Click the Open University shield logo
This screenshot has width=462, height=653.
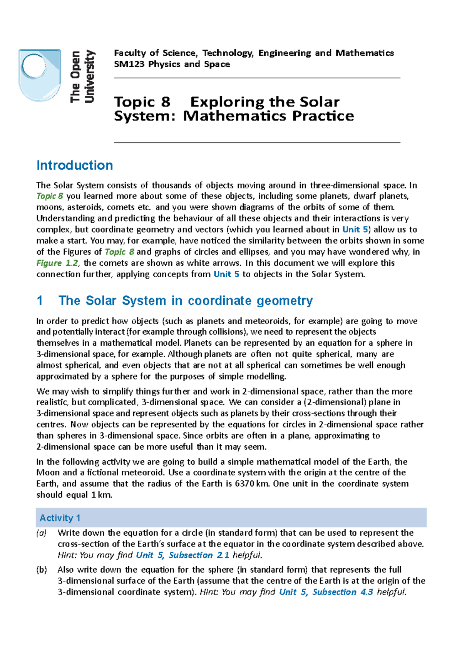click(40, 75)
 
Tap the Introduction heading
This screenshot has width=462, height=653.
click(75, 165)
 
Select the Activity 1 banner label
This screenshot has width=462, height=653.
click(60, 518)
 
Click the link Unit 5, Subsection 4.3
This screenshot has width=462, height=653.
click(326, 592)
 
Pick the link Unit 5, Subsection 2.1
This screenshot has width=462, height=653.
click(183, 555)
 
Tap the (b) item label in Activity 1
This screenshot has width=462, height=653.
click(42, 570)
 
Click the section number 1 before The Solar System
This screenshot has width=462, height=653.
click(40, 301)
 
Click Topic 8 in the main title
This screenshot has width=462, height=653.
click(142, 102)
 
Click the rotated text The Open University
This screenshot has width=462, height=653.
click(82, 76)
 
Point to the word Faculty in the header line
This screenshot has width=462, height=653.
click(129, 53)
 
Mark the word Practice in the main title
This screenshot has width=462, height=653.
click(323, 116)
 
